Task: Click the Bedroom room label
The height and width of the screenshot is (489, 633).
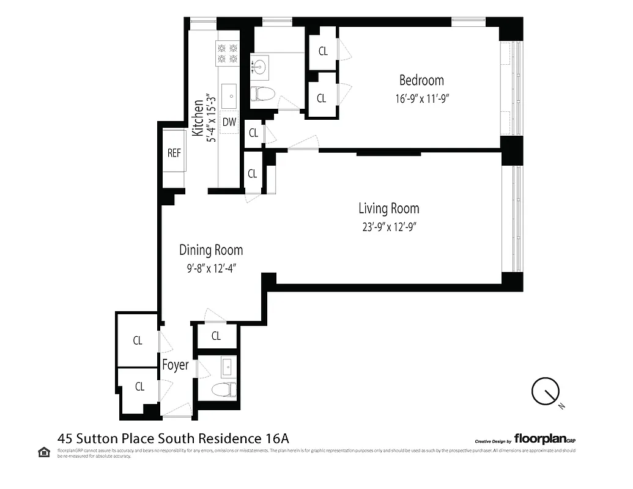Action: (x=421, y=80)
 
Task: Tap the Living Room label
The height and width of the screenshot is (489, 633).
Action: (x=388, y=208)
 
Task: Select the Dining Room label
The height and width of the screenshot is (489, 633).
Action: (x=211, y=250)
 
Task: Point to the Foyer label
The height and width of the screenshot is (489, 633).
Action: (x=175, y=366)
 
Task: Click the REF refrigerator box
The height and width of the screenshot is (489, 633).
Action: (x=174, y=153)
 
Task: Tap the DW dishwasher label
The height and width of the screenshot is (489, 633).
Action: (x=229, y=122)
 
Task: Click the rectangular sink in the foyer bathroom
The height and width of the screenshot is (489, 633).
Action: (x=227, y=367)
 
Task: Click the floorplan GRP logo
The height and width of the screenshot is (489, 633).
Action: (x=544, y=438)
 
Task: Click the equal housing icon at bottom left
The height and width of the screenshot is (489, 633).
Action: (x=44, y=452)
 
